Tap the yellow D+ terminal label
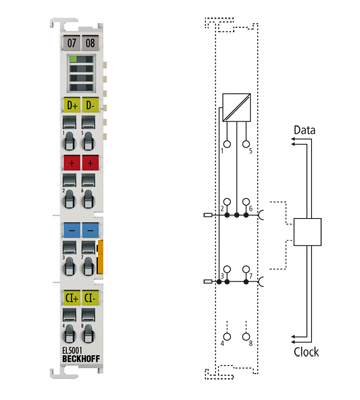pos(70,105)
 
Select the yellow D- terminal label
pos(91,105)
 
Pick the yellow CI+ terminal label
pos(70,297)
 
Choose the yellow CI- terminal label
pos(91,297)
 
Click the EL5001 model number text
pos(73,350)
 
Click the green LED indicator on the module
pos(80,62)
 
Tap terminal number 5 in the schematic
pos(250,151)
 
